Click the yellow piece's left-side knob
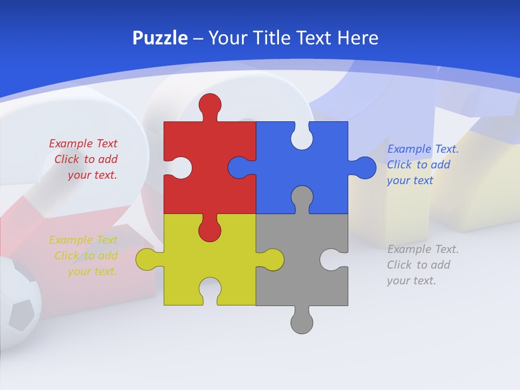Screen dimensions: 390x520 pos(146,259)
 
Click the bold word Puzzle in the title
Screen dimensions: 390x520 pos(160,38)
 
